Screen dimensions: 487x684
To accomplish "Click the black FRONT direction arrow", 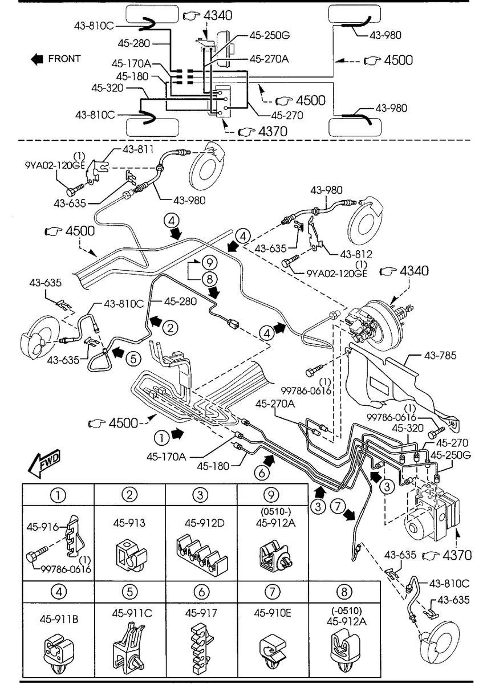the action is pyautogui.click(x=37, y=59).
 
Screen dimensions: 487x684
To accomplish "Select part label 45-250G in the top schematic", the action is pyautogui.click(x=270, y=35).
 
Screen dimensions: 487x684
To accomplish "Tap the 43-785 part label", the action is pyautogui.click(x=440, y=355).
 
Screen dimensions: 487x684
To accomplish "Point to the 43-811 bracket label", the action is pyautogui.click(x=138, y=149).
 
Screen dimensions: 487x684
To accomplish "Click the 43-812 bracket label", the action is pyautogui.click(x=356, y=254).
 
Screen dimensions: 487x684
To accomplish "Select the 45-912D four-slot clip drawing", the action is pyautogui.click(x=202, y=553).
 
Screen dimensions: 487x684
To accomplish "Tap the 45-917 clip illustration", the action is pyautogui.click(x=202, y=649).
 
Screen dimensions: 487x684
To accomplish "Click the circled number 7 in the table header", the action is pyautogui.click(x=273, y=592).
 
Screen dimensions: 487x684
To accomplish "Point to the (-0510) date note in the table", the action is pyautogui.click(x=347, y=610).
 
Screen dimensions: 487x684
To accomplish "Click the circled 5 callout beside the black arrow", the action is pyautogui.click(x=133, y=359).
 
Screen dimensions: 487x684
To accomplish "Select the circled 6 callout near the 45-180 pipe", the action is pyautogui.click(x=262, y=473).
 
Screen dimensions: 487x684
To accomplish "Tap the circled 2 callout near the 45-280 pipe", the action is pyautogui.click(x=170, y=328).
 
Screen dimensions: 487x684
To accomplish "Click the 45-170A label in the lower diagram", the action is pyautogui.click(x=166, y=457).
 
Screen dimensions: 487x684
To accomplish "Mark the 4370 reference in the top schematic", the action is pyautogui.click(x=273, y=132).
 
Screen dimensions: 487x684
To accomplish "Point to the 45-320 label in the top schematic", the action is pyautogui.click(x=107, y=88).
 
